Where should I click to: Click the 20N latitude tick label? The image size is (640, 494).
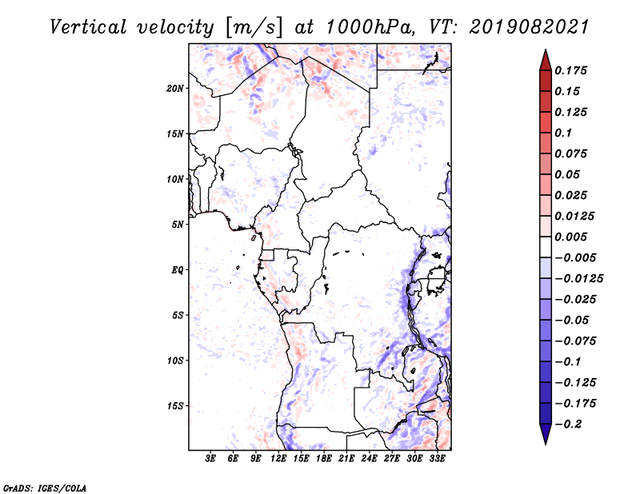174,89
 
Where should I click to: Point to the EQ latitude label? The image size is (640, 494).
177,270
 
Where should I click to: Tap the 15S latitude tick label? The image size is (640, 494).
174,406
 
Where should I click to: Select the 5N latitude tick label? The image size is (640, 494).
177,225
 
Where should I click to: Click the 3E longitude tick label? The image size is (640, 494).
210,458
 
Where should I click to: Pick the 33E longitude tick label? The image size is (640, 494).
437,458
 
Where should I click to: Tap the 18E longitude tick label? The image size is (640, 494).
324,458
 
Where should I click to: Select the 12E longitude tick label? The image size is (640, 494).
278,458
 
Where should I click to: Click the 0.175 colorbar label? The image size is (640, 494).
570,70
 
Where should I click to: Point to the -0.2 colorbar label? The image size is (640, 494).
568,424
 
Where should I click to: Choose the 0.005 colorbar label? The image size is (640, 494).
570,237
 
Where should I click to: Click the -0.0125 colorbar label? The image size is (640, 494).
578,279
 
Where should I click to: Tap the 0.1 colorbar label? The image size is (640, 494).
563,133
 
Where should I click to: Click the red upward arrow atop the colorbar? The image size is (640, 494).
546,60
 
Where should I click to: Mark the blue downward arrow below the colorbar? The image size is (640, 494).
546,434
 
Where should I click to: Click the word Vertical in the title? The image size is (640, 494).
88,27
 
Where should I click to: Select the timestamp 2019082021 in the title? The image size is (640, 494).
529,27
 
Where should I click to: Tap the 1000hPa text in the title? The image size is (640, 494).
370,27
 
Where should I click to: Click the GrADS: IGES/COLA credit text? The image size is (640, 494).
45,488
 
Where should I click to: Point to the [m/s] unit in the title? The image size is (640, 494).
254,28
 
